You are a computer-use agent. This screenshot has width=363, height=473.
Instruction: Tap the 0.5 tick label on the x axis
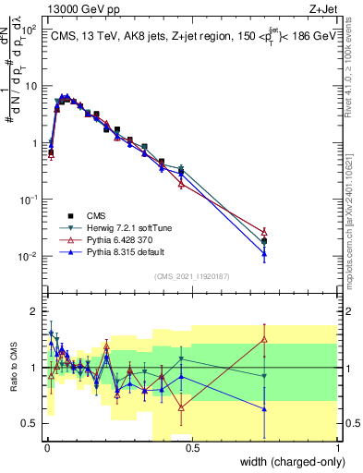[x=192, y=450]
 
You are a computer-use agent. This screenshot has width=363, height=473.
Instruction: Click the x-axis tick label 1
[x=337, y=450]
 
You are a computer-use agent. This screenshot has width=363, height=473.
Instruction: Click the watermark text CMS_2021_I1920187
[x=191, y=274]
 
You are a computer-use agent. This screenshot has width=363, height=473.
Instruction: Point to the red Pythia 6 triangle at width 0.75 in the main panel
[x=264, y=232]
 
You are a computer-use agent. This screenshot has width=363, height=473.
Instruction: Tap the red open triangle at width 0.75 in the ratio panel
[x=264, y=339]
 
